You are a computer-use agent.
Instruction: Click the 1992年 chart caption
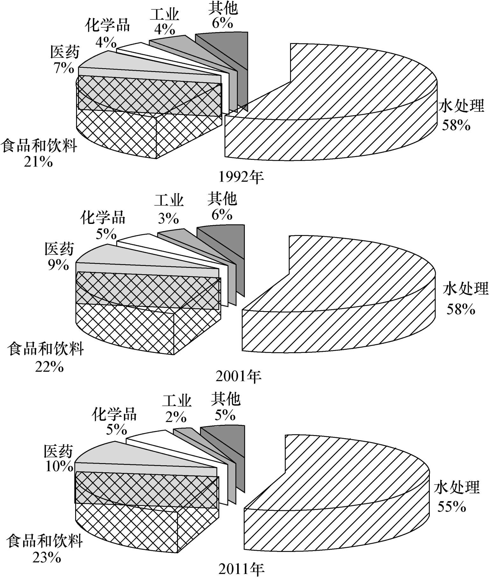241,177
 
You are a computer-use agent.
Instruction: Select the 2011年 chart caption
241,570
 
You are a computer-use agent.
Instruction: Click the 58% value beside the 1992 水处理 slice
456,125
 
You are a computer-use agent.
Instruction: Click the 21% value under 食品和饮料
38,162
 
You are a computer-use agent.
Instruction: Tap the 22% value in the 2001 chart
49,367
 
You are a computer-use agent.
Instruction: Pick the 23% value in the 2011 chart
47,558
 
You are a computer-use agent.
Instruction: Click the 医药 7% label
65,60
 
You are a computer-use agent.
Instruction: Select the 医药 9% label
59,256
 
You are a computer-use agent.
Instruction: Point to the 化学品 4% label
107,33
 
